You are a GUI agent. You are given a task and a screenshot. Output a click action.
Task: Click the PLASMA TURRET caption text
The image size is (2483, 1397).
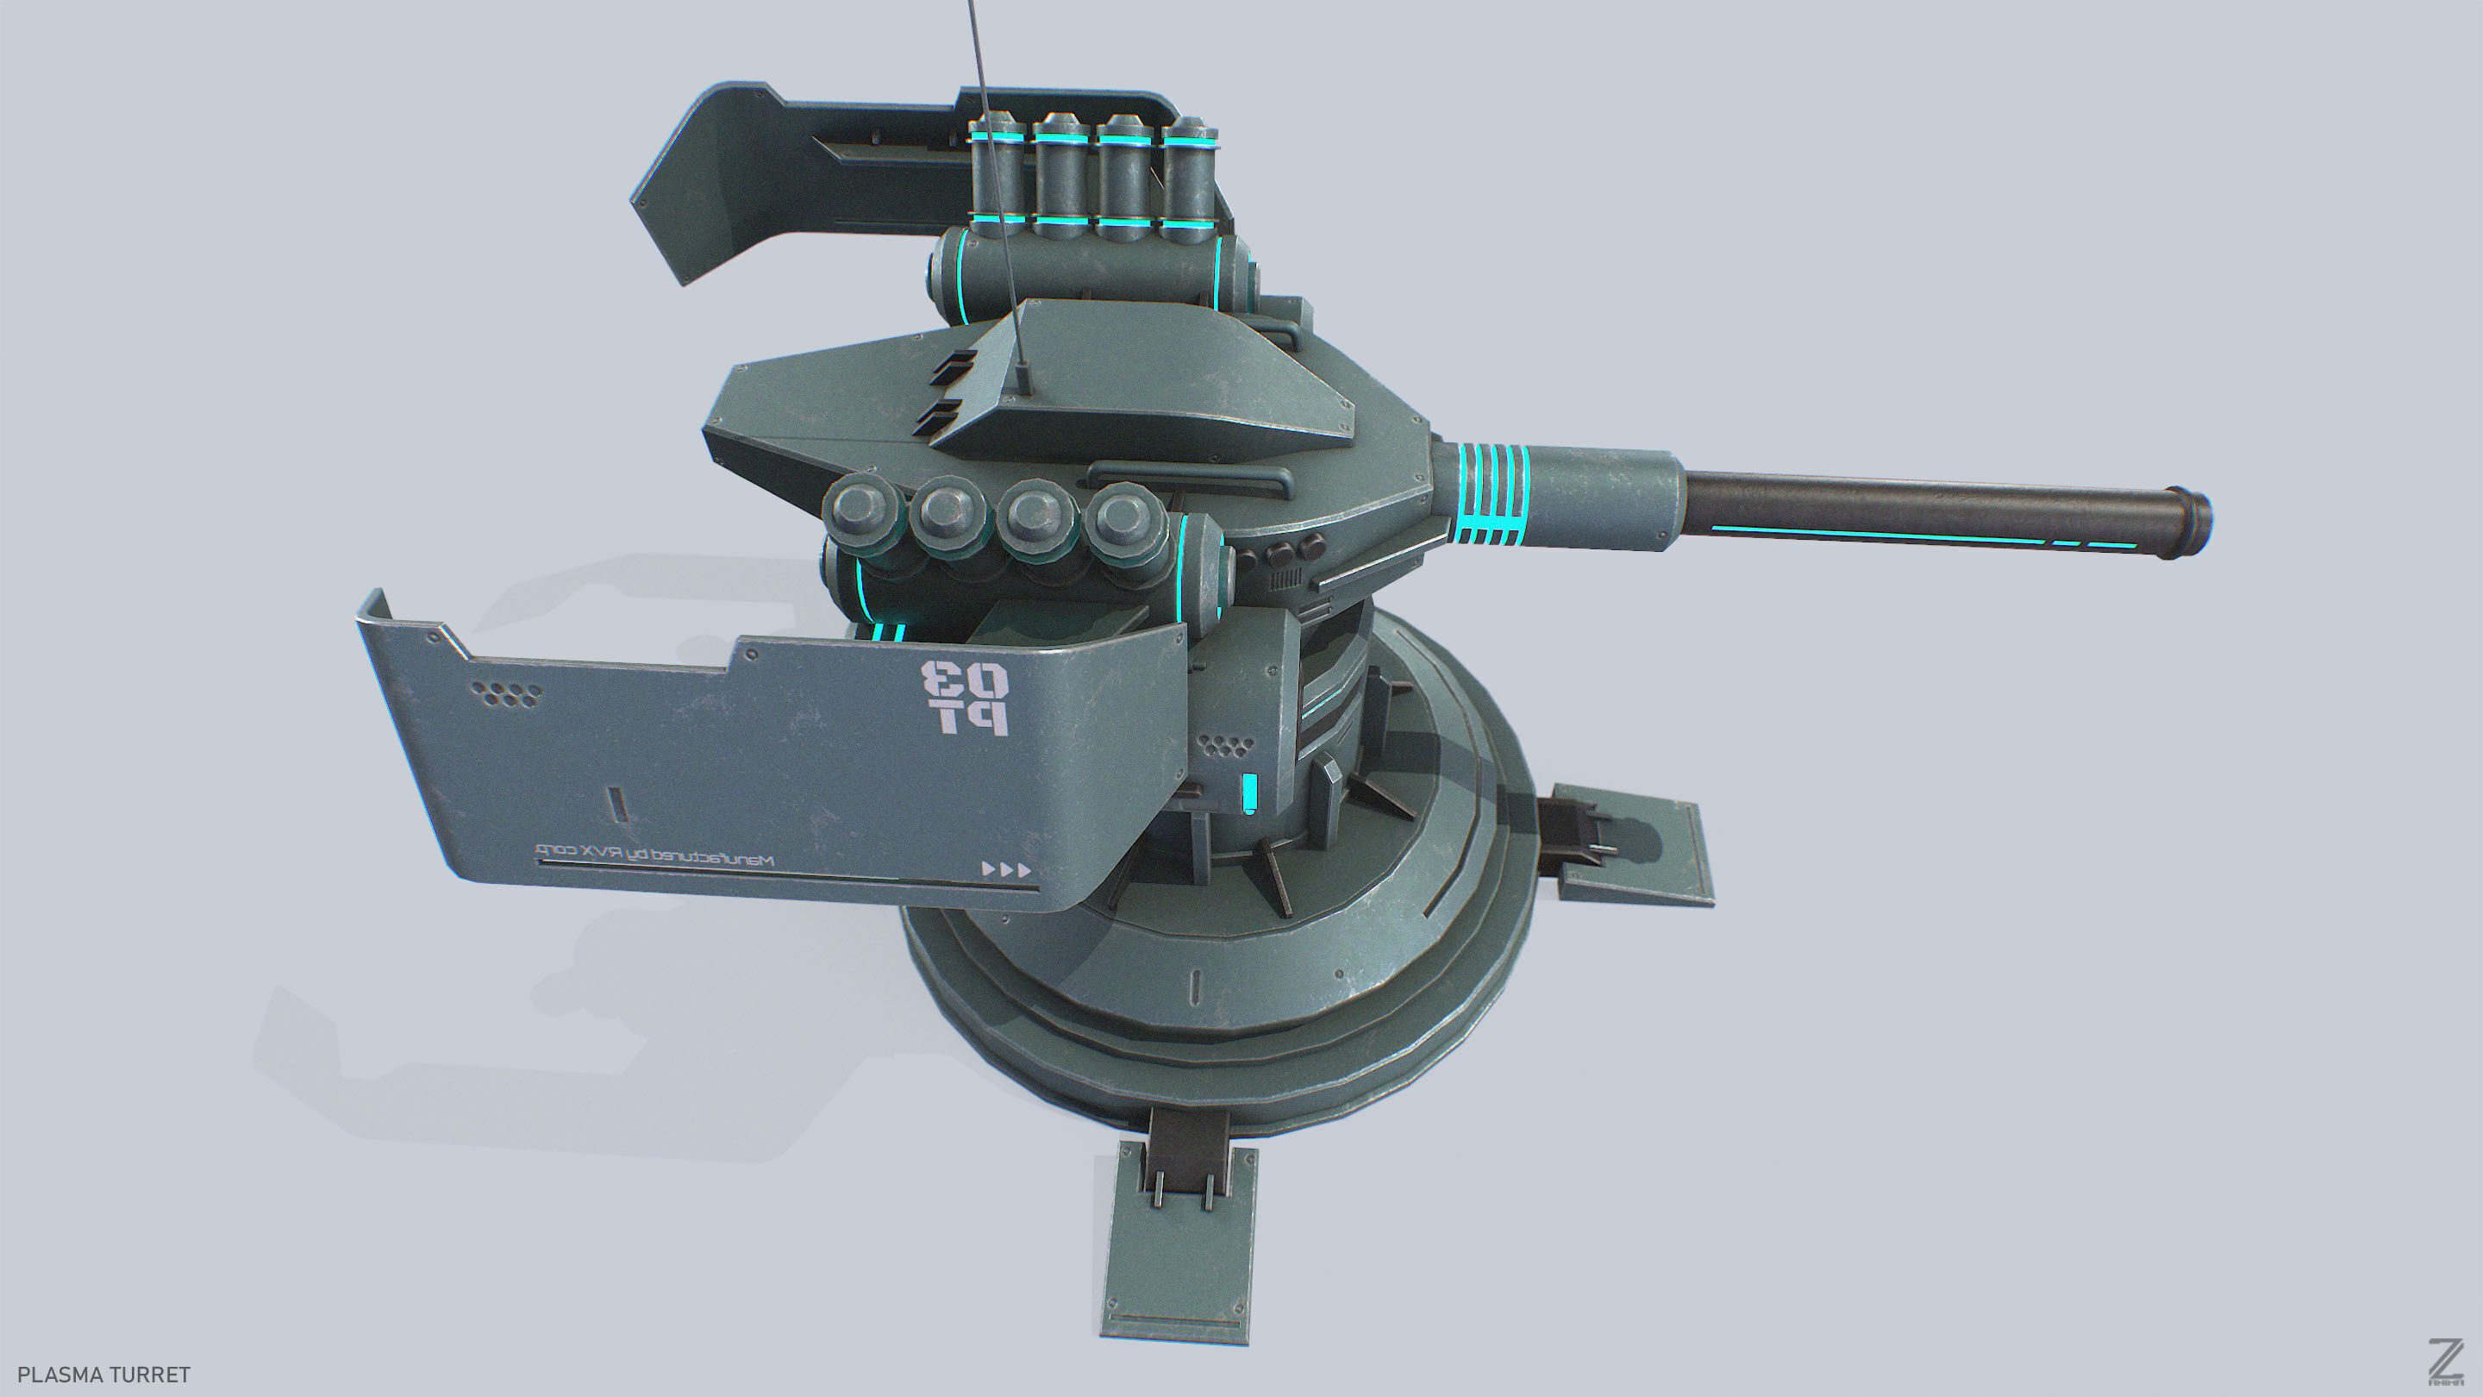pyautogui.click(x=104, y=1374)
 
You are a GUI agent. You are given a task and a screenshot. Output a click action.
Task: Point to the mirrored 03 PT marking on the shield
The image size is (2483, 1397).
pyautogui.click(x=965, y=698)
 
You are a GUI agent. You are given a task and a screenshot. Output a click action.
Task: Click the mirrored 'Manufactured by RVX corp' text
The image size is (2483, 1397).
pyautogui.click(x=655, y=855)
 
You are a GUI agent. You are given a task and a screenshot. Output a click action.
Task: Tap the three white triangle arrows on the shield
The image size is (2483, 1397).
pyautogui.click(x=1006, y=868)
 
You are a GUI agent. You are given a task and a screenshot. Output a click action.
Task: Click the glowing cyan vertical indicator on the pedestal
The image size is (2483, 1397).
pyautogui.click(x=1250, y=792)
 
